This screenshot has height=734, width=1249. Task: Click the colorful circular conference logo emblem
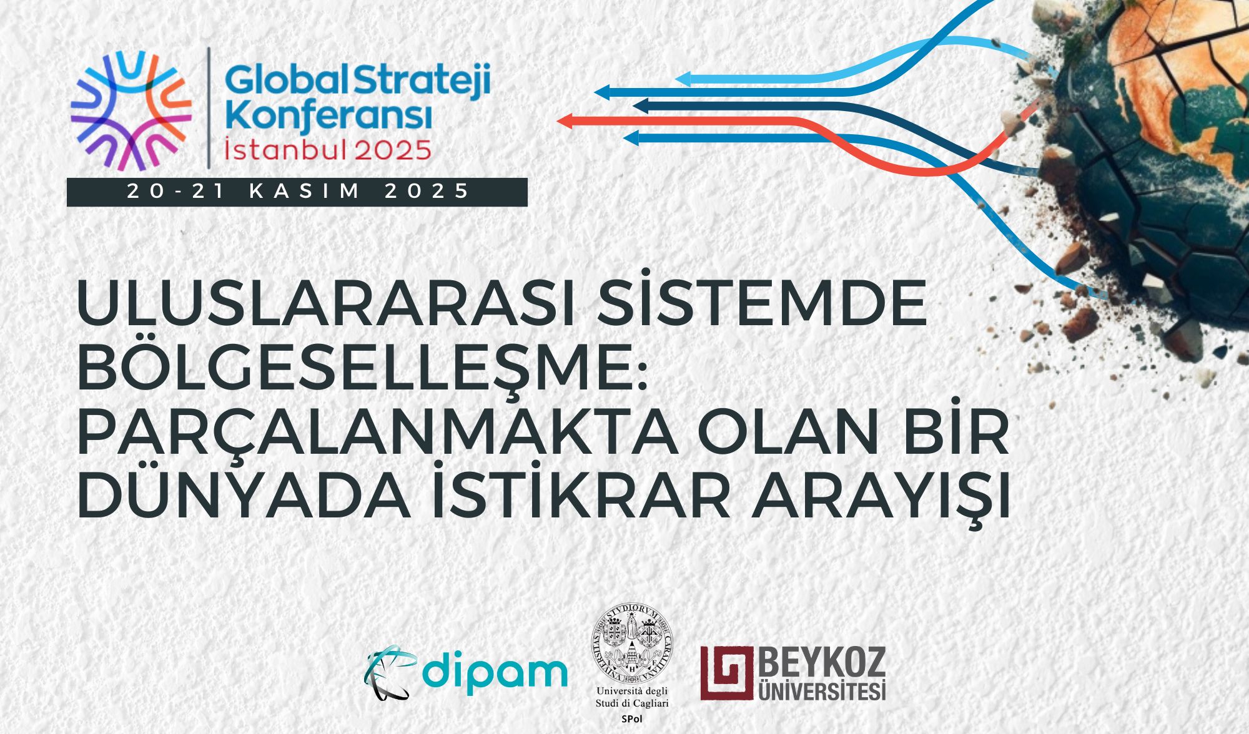pyautogui.click(x=131, y=110)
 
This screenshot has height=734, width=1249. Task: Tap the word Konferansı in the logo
pyautogui.click(x=328, y=116)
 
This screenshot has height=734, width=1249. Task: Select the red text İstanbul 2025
pyautogui.click(x=328, y=149)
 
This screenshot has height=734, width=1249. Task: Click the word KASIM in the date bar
pyautogui.click(x=305, y=191)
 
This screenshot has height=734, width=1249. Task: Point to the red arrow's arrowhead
pyautogui.click(x=565, y=120)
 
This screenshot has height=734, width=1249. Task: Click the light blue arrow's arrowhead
pyautogui.click(x=683, y=79)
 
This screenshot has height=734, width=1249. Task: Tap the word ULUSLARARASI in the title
pyautogui.click(x=325, y=304)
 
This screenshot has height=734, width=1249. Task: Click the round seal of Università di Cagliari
pyautogui.click(x=632, y=643)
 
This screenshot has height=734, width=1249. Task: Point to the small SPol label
pyautogui.click(x=632, y=719)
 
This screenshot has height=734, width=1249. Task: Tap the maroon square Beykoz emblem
pyautogui.click(x=726, y=673)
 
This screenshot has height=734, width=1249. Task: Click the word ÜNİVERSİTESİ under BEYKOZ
pyautogui.click(x=821, y=691)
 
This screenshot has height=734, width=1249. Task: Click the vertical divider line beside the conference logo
pyautogui.click(x=209, y=107)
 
